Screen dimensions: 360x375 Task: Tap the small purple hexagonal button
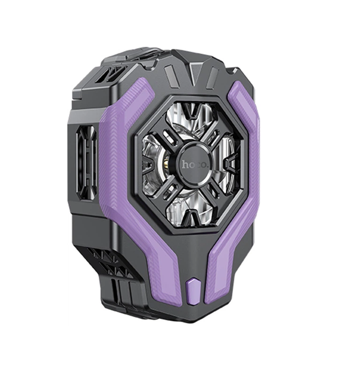click(x=193, y=291)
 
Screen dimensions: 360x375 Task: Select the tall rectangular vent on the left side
click(x=86, y=162)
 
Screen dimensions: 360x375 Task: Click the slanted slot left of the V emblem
click(x=172, y=77)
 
